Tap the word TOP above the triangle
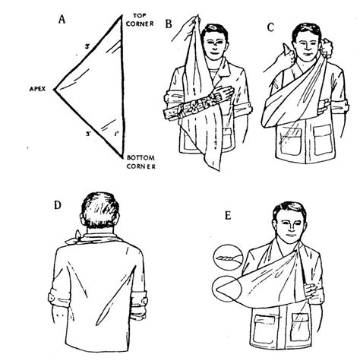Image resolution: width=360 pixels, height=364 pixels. click(x=137, y=15)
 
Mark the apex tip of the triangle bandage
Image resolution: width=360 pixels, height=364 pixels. click(x=52, y=89)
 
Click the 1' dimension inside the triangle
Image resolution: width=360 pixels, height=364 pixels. click(x=115, y=133)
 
